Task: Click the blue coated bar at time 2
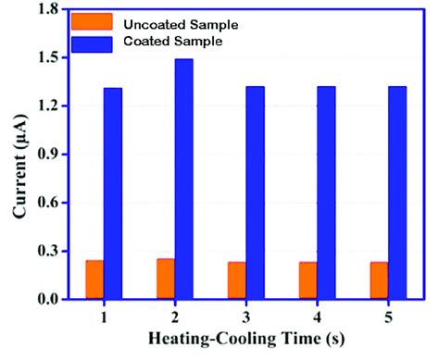[183, 179]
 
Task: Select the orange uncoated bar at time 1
[94, 279]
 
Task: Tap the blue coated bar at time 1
[113, 193]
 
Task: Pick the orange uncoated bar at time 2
[165, 279]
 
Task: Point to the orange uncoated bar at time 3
[236, 280]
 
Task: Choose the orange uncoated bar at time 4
[307, 280]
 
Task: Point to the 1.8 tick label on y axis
[46, 9]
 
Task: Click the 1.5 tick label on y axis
[46, 57]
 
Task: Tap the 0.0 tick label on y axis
[46, 300]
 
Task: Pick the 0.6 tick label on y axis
[46, 203]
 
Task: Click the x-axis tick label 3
[245, 316]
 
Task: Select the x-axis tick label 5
[386, 316]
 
